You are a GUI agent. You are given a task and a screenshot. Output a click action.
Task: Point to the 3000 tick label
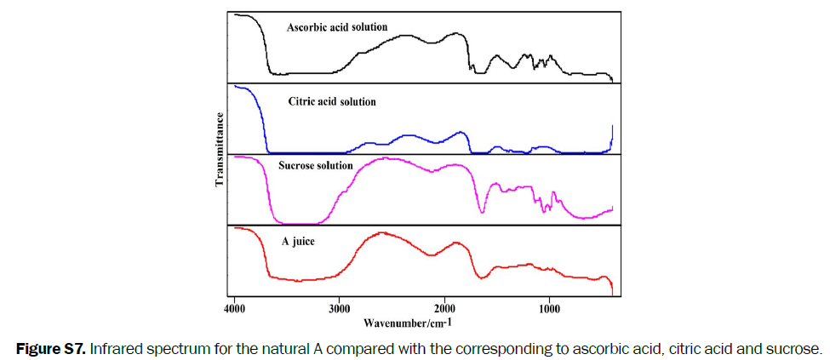(339, 307)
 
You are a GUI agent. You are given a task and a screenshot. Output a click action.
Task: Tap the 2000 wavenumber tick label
(444, 307)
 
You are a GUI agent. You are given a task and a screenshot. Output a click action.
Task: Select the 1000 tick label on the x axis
(549, 307)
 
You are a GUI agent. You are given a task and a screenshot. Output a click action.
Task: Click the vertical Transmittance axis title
(219, 150)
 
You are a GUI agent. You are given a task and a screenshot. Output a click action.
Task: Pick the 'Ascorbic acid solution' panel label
(337, 27)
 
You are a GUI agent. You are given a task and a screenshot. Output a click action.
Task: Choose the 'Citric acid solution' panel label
(331, 101)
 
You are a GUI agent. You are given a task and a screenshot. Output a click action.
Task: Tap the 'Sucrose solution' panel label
(316, 165)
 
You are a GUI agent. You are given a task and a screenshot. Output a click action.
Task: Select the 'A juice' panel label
(298, 242)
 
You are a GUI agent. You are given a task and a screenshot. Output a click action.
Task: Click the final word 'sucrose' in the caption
(798, 348)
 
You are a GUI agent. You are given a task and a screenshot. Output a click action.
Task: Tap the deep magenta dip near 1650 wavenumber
(482, 211)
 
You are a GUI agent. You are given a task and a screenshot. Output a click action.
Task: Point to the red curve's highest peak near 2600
(380, 231)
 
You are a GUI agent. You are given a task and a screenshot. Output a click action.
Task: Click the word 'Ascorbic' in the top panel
(306, 27)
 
